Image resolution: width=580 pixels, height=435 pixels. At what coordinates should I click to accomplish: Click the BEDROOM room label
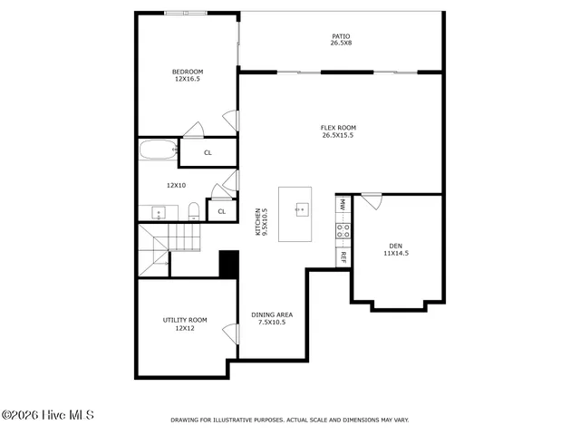(x=188, y=75)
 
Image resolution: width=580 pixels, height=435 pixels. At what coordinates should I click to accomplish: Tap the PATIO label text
(x=341, y=40)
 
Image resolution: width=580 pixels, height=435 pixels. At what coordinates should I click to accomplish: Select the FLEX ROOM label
(x=338, y=131)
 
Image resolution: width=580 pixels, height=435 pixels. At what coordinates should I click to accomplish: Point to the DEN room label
(x=396, y=249)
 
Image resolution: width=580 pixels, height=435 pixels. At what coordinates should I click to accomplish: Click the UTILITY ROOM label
(x=185, y=324)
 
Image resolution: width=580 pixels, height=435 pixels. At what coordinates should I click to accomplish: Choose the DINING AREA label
(x=272, y=318)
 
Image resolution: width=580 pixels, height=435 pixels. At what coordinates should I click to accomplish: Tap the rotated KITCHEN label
(x=260, y=222)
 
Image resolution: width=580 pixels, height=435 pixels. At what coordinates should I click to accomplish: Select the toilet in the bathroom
(x=194, y=213)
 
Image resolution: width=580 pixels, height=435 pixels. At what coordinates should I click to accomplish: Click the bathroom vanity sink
(x=159, y=214)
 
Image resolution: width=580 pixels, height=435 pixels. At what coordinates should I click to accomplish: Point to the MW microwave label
(x=343, y=205)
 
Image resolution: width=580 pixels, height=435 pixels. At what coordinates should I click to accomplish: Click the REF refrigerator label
(x=343, y=256)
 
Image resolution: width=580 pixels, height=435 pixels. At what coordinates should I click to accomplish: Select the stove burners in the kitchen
(x=343, y=231)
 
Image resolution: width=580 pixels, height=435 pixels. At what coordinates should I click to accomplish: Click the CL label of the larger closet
(x=208, y=153)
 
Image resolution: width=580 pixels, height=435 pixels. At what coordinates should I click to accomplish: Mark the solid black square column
(x=228, y=264)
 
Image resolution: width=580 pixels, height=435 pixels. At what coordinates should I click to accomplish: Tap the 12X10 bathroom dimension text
(x=176, y=185)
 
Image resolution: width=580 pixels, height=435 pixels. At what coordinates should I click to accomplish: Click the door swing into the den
(x=372, y=200)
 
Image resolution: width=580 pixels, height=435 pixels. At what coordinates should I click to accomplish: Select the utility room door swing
(x=230, y=333)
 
